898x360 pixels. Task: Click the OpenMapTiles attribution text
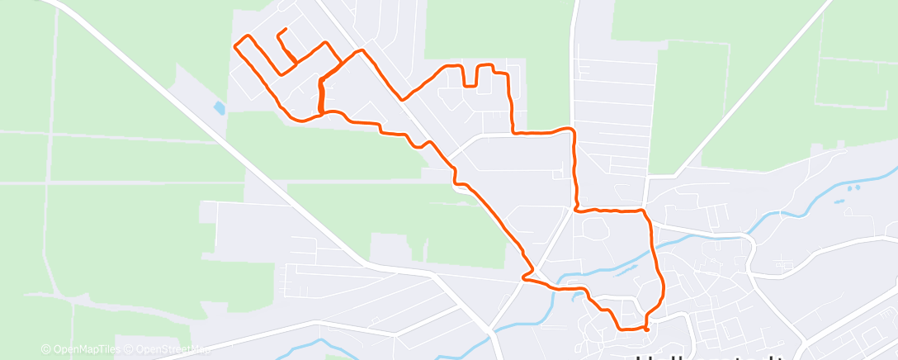(x=85, y=350)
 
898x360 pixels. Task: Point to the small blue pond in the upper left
(x=219, y=108)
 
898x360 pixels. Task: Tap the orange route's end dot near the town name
(x=645, y=329)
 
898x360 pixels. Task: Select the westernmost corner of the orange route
(x=237, y=45)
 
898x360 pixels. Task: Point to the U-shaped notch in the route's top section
(x=471, y=76)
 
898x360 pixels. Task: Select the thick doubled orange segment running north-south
(x=319, y=95)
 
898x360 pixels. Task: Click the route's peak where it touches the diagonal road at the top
(x=360, y=51)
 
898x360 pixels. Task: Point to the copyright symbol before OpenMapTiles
(x=45, y=350)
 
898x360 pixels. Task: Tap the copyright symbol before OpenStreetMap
(x=129, y=350)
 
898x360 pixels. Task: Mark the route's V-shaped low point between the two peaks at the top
(x=402, y=98)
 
